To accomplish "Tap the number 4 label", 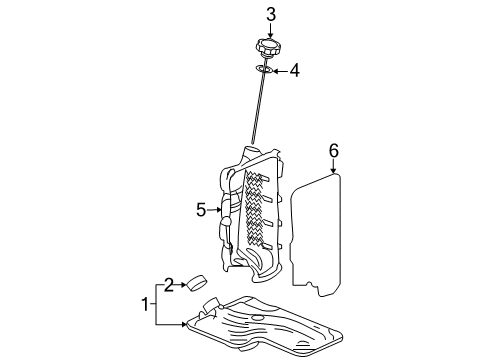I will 295,71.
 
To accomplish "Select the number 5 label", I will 200,210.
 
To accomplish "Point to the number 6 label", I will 334,151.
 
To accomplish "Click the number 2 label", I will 169,286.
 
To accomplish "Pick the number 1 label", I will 146,303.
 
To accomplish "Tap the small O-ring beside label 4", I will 263,70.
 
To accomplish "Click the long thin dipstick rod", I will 255,110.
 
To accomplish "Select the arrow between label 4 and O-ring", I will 279,71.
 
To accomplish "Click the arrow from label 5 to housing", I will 215,210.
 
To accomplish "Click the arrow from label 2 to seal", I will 183,286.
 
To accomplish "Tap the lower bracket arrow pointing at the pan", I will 175,324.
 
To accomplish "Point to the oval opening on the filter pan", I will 258,319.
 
